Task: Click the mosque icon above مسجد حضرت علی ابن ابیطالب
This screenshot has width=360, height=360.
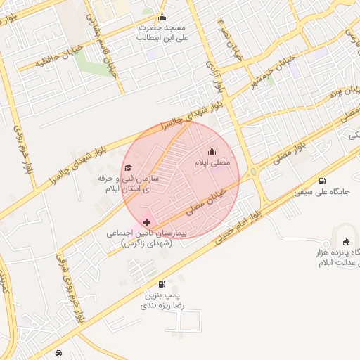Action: pos(162,18)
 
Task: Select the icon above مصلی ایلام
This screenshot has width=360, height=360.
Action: pos(212,152)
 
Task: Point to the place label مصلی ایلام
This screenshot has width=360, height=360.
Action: pos(212,163)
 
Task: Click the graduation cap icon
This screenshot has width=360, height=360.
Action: pos(128,167)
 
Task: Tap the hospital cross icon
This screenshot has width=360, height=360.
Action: pos(146,222)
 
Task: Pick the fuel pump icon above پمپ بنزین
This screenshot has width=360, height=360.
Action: pos(162,284)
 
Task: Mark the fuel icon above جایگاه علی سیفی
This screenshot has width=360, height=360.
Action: pos(322,181)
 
